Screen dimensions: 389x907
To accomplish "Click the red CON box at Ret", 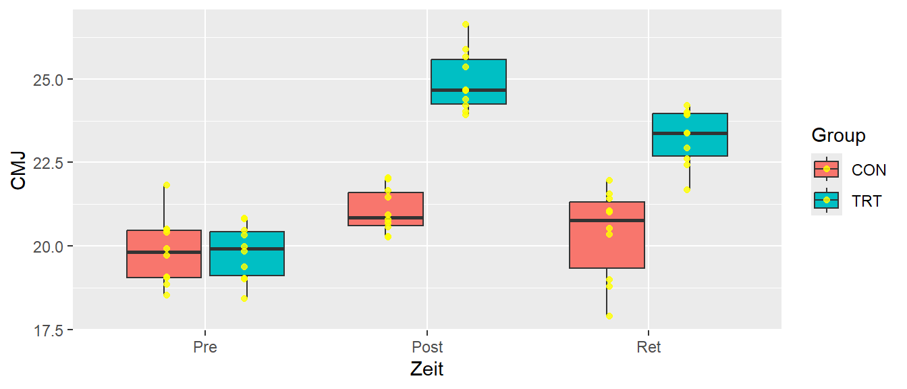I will click(x=607, y=243).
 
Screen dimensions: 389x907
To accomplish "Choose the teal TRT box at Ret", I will click(x=690, y=143).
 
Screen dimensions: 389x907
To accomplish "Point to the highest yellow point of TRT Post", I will click(x=466, y=24).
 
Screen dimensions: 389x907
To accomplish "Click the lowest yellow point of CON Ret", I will click(x=609, y=316).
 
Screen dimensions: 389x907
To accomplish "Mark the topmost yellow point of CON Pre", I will click(x=167, y=185).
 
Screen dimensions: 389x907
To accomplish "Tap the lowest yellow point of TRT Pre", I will click(x=244, y=299).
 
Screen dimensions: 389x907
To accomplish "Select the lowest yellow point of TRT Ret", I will click(x=687, y=190).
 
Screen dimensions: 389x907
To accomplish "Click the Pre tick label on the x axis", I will click(x=205, y=348).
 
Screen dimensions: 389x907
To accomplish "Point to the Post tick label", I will click(x=427, y=348).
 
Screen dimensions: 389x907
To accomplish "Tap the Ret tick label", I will click(x=649, y=348).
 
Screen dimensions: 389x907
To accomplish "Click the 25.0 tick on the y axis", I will click(x=48, y=80).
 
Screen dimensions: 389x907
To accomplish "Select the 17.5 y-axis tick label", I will click(x=48, y=330).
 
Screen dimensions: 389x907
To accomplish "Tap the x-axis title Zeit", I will click(x=427, y=370).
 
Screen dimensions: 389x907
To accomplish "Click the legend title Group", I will click(x=838, y=136).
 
